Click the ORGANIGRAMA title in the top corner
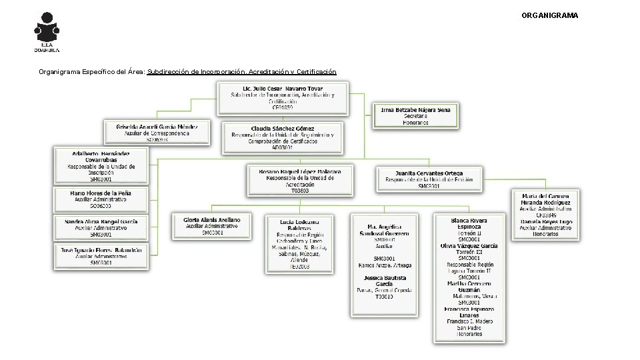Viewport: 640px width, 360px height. click(549, 15)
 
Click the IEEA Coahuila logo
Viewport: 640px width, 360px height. click(47, 32)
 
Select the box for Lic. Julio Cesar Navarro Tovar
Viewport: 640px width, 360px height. click(283, 98)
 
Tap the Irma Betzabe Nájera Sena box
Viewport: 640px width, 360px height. click(415, 115)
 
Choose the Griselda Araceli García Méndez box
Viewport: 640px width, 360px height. click(157, 132)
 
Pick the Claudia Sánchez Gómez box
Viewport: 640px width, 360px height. click(283, 137)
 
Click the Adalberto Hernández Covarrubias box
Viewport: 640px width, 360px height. click(102, 166)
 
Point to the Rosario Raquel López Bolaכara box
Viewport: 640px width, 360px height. click(300, 180)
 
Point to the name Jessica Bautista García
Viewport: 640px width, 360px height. click(385, 280)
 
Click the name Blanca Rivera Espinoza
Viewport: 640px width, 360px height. click(469, 223)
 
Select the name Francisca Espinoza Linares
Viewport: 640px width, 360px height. click(469, 312)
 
